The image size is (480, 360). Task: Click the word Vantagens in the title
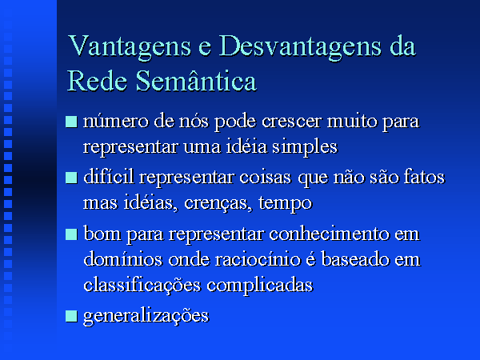(x=130, y=47)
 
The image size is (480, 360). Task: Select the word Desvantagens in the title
(x=300, y=47)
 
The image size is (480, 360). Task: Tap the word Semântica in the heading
(x=196, y=81)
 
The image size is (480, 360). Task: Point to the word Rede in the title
(x=97, y=81)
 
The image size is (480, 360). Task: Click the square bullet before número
(x=71, y=122)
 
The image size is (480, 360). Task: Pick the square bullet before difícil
(x=71, y=178)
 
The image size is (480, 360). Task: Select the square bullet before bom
(x=71, y=234)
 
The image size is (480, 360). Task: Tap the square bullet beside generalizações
(x=71, y=316)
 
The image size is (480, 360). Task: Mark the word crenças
(x=218, y=203)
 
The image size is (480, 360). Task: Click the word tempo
(x=286, y=204)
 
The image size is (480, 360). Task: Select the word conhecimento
(x=329, y=234)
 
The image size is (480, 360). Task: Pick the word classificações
(x=142, y=286)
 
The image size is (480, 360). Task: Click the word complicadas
(x=260, y=286)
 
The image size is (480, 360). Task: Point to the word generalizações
(x=146, y=316)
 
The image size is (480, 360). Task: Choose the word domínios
(x=122, y=259)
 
